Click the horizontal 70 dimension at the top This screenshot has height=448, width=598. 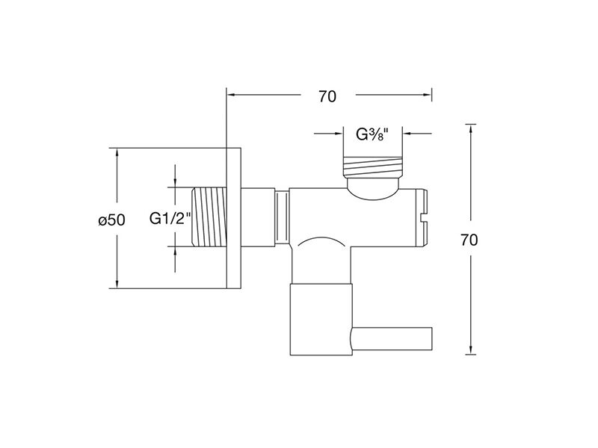tap(327, 97)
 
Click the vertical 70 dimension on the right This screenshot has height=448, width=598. tap(469, 240)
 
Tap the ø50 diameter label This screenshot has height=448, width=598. tap(111, 220)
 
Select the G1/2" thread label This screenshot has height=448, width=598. tap(170, 219)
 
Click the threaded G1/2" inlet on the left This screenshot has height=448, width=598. tap(209, 217)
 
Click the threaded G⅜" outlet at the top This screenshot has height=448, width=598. tap(372, 167)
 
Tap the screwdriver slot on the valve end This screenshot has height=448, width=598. tap(424, 218)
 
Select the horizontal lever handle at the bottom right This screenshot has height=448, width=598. tap(391, 339)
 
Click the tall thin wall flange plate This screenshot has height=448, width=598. tap(234, 218)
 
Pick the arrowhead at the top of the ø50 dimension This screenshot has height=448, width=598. tap(117, 152)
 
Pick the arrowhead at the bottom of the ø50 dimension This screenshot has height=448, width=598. tap(117, 284)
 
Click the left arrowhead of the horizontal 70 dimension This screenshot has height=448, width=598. tap(231, 95)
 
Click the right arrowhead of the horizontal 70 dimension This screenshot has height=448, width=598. tap(427, 95)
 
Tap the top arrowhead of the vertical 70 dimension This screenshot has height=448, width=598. tap(471, 128)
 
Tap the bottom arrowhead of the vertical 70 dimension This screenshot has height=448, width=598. tap(471, 350)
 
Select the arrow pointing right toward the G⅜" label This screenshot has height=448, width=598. tap(328, 134)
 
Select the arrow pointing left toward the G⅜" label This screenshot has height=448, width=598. tap(417, 134)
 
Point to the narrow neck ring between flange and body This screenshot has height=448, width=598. tap(282, 217)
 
